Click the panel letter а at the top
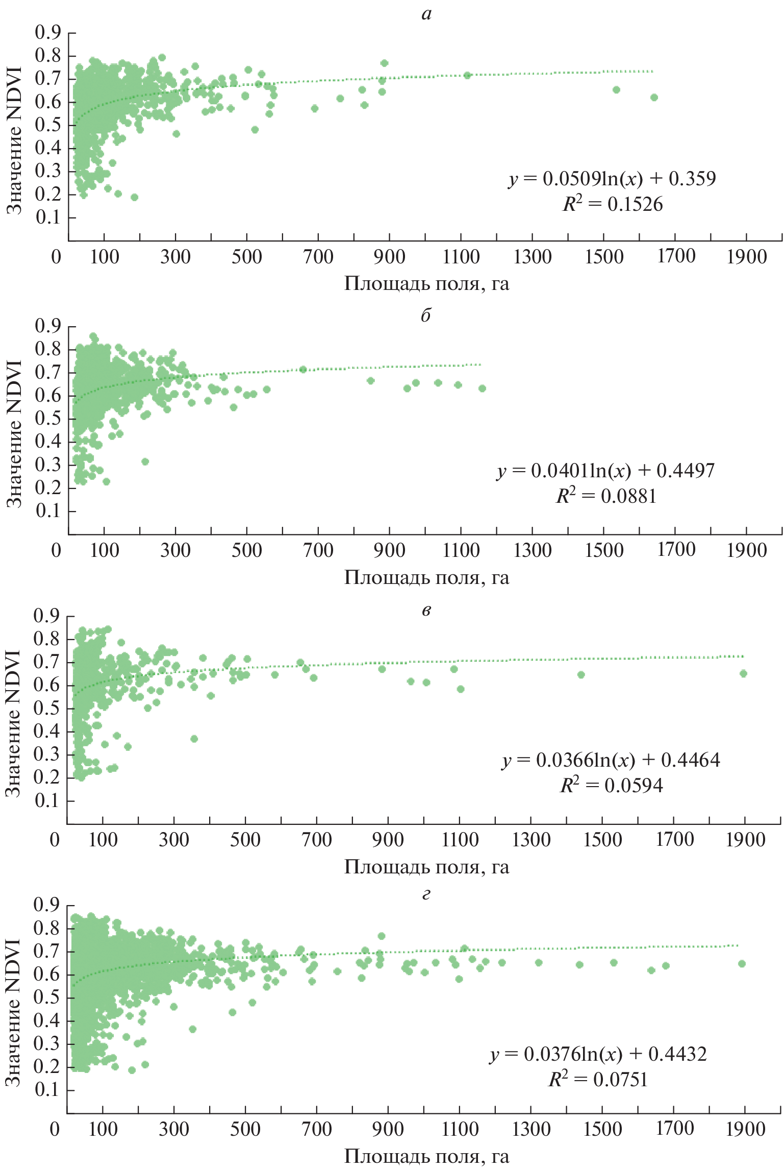[426, 14]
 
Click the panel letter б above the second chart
[426, 315]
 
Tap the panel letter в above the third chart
[426, 611]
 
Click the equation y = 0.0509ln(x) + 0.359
[612, 179]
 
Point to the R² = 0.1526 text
[613, 204]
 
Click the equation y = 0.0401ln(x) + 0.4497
[606, 471]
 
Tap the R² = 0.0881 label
[606, 496]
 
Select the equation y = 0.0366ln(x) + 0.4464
[611, 760]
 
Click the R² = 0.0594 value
[612, 785]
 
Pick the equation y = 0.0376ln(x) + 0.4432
[599, 1054]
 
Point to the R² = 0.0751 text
[598, 1080]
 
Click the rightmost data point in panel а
[654, 97]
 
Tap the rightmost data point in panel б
[482, 388]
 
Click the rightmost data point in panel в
[743, 674]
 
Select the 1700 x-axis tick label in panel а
[675, 256]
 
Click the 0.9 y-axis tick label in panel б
[48, 326]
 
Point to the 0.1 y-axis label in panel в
[47, 801]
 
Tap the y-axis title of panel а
[14, 140]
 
